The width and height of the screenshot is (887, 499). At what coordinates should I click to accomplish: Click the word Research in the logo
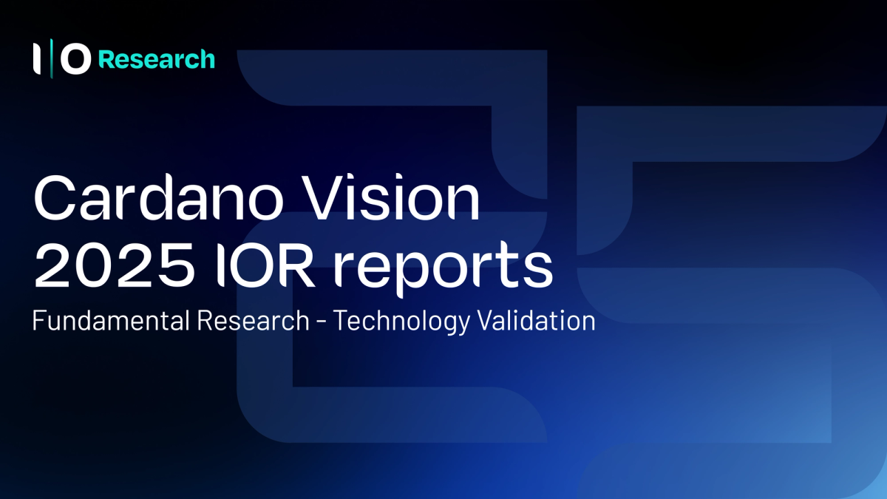click(x=157, y=60)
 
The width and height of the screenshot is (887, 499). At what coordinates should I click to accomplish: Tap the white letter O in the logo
click(x=75, y=59)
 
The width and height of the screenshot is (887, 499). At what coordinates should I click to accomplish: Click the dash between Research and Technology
click(x=320, y=323)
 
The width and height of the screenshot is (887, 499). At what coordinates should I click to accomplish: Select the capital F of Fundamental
click(x=38, y=322)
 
